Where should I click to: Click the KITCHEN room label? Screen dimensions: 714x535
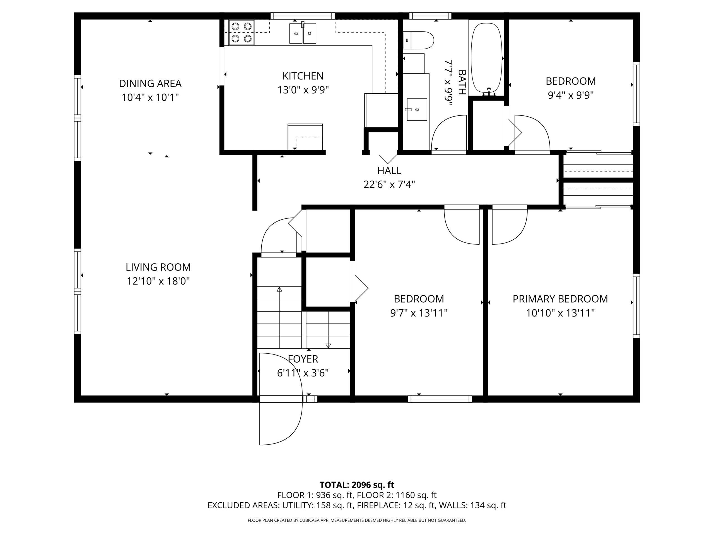coord(303,76)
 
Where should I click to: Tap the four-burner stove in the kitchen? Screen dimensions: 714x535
coord(242,33)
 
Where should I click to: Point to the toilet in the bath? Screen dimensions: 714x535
coord(418,40)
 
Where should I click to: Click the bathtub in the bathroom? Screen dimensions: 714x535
coord(487,58)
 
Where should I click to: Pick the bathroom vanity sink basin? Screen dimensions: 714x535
coord(417,110)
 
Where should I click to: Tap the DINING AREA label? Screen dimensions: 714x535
coord(150,84)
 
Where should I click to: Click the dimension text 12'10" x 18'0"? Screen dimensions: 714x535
coord(158,281)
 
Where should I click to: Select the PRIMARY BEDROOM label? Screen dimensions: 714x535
coord(560,299)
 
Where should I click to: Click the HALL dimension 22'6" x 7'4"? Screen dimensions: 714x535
coord(389,184)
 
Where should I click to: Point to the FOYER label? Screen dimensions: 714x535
coord(303,359)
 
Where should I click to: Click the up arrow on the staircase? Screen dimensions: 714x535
coord(279,317)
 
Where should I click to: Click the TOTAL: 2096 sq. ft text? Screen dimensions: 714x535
coord(357,485)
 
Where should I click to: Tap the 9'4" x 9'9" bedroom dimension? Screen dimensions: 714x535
coord(571,95)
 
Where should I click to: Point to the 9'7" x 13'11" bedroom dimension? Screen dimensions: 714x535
coord(419,313)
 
